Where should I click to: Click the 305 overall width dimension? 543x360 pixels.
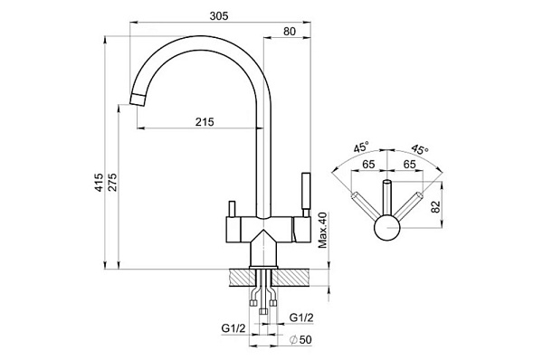click(219, 15)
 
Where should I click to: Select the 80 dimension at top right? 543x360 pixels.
click(290, 31)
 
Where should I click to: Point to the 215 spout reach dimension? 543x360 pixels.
click(205, 122)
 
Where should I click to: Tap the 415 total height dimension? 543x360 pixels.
click(99, 182)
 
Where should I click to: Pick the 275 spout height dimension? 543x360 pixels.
click(113, 182)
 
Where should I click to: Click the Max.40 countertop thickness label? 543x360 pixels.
click(323, 230)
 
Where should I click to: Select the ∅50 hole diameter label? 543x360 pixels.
click(300, 340)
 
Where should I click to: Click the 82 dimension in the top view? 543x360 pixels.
click(436, 206)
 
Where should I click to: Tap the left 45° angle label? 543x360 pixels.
click(360, 147)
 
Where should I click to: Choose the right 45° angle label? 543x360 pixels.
click(420, 149)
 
